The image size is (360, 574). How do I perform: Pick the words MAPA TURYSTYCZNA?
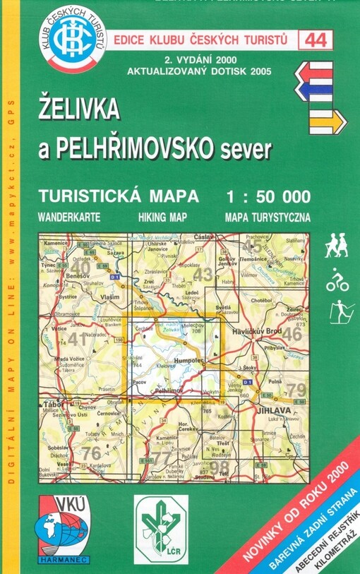point(268,216)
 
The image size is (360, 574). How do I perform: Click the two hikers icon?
point(337,247)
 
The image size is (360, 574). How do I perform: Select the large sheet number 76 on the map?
point(90,453)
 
